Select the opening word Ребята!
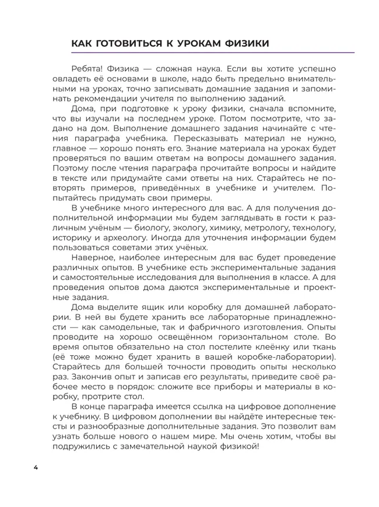pos(87,68)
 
